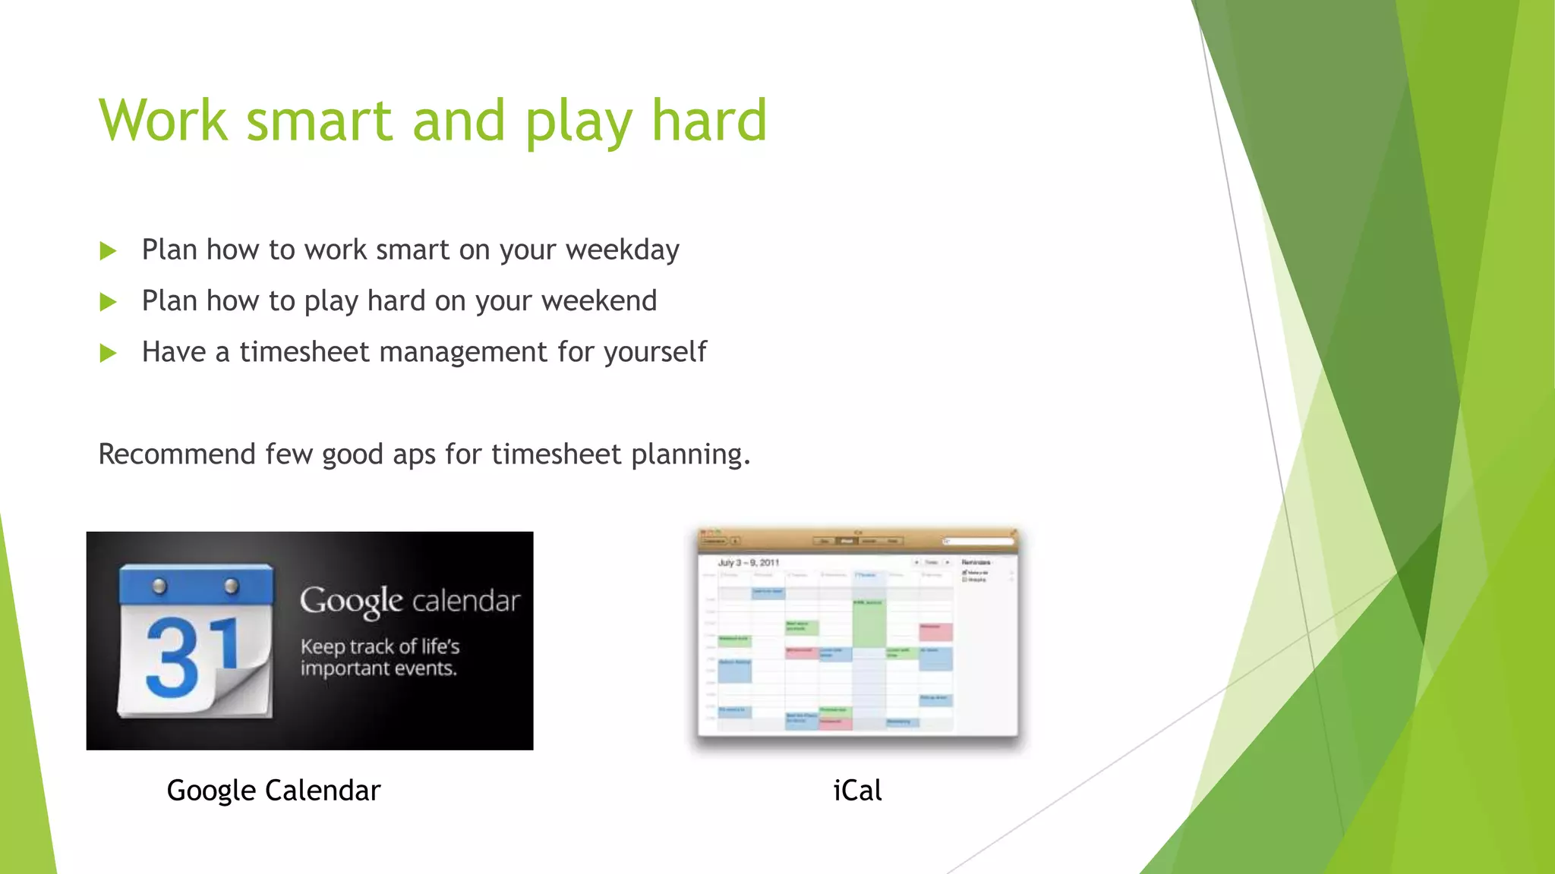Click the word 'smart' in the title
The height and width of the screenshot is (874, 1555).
(319, 121)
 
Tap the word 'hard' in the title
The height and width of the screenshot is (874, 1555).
(709, 121)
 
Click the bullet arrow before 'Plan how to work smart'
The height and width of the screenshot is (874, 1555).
(108, 251)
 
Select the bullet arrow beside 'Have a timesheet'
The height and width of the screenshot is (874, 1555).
(108, 353)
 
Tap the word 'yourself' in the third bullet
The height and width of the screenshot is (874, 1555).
(654, 353)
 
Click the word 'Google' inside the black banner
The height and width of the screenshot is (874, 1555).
(351, 602)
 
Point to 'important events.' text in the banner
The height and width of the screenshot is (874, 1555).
(378, 668)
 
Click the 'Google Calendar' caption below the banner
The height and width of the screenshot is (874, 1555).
(273, 791)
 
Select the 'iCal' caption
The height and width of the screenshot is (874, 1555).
(857, 791)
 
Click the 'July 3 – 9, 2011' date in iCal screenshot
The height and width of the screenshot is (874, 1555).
(749, 563)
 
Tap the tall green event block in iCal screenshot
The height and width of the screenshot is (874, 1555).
(869, 624)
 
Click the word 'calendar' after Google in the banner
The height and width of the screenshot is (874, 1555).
(466, 601)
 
